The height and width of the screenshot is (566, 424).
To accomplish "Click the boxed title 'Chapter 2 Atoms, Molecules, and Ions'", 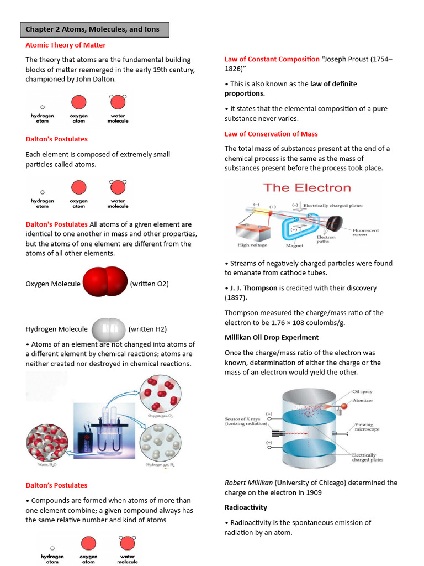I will pyautogui.click(x=94, y=29).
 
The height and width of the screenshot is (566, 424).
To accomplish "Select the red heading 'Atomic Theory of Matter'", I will pyautogui.click(x=66, y=45).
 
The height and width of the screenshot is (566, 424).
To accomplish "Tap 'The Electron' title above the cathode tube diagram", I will pyautogui.click(x=307, y=187).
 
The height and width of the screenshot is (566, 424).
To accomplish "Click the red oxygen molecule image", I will pyautogui.click(x=105, y=283).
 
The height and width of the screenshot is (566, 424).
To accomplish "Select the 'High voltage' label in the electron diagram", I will pyautogui.click(x=252, y=245).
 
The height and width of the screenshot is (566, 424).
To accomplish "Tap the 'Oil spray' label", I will pyautogui.click(x=362, y=392).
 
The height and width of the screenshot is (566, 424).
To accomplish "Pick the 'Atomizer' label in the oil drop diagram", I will pyautogui.click(x=363, y=400).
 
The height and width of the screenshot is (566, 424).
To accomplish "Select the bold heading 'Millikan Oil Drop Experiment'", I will pyautogui.click(x=271, y=337).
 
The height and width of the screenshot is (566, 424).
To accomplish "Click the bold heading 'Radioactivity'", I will pyautogui.click(x=246, y=507).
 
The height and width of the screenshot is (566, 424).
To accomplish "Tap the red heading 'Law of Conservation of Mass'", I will pyautogui.click(x=271, y=134).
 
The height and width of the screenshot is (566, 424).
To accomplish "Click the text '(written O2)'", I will pyautogui.click(x=149, y=284).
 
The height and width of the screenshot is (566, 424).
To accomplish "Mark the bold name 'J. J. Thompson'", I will pyautogui.click(x=258, y=288).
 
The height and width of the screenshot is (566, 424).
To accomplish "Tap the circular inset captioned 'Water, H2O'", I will pyautogui.click(x=47, y=441).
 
